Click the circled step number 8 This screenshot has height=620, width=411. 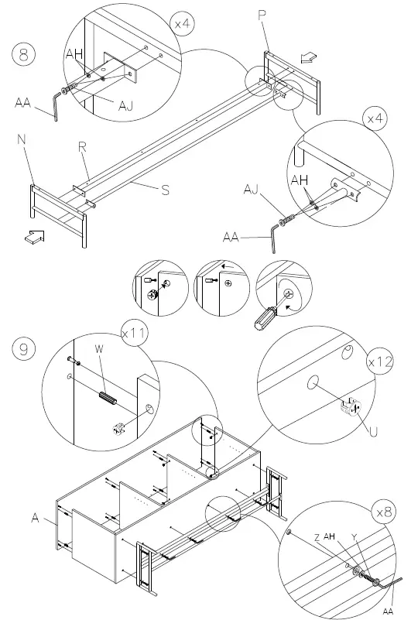coord(24,55)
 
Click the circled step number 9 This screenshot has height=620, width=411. coord(23,350)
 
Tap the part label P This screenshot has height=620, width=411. coord(262,15)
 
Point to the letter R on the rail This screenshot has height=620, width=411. coord(80,146)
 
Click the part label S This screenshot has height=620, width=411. coord(165,190)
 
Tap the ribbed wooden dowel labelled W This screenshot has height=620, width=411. coord(106,399)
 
